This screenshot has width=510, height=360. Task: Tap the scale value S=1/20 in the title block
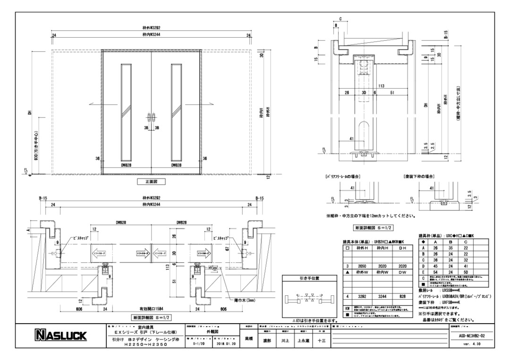(x=201, y=344)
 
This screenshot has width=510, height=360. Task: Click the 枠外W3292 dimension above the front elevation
(x=152, y=30)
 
